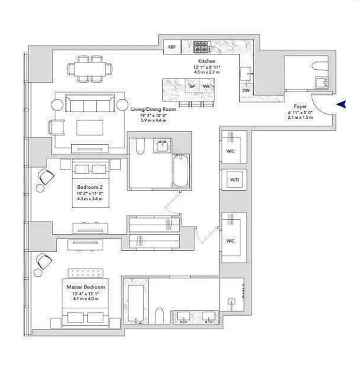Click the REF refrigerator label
(172, 47)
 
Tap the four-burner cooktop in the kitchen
(200, 47)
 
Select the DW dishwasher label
(245, 90)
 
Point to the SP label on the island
(192, 87)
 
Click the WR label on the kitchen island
(206, 87)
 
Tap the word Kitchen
(207, 61)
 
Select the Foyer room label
(300, 107)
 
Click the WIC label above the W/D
(231, 151)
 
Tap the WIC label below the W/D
(231, 240)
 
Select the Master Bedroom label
(85, 287)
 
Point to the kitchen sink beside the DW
(246, 74)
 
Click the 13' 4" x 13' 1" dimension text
(85, 294)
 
